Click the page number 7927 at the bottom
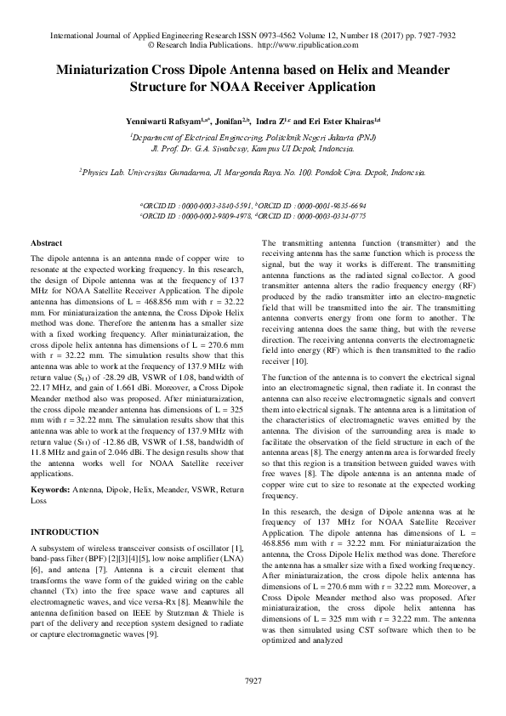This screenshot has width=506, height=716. pos(253,680)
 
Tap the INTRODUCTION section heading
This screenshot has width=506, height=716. pos(64,532)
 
